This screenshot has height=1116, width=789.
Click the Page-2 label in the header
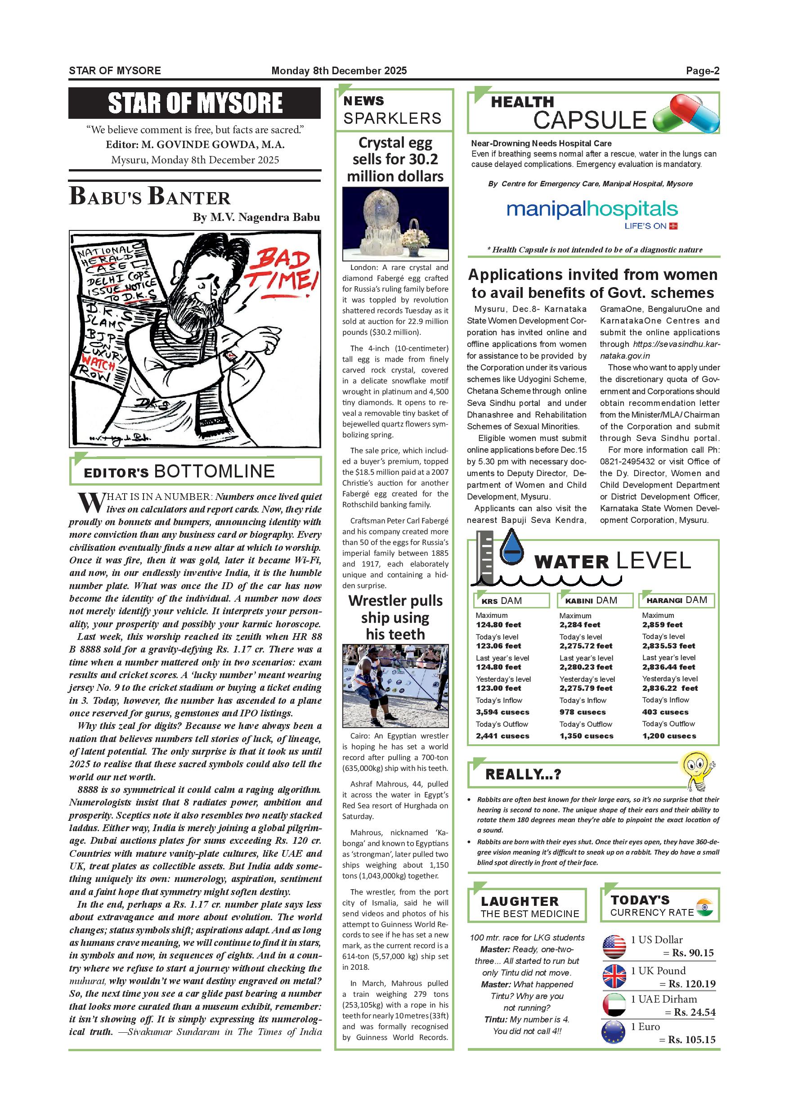point(702,71)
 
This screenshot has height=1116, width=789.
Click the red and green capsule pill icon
point(686,114)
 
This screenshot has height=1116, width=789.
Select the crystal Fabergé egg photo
point(395,224)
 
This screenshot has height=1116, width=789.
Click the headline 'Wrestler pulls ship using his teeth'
point(395,617)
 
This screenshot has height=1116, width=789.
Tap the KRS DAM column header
point(511,600)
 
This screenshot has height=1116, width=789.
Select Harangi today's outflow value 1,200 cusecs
point(669,736)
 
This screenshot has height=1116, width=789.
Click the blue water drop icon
point(512,550)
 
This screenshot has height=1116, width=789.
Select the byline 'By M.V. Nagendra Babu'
point(256,217)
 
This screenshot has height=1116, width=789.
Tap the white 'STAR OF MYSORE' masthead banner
point(194,103)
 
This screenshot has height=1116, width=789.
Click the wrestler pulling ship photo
point(395,686)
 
